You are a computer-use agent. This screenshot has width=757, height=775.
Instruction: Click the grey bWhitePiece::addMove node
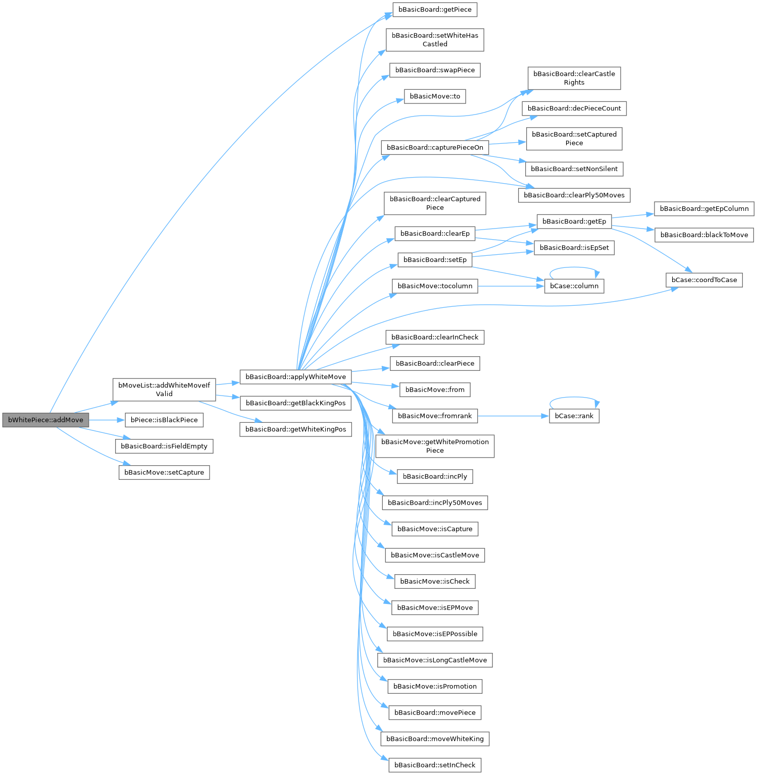(45, 420)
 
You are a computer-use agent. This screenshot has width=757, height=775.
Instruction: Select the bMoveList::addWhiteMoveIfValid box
(164, 390)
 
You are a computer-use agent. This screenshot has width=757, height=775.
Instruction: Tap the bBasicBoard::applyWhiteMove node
(295, 377)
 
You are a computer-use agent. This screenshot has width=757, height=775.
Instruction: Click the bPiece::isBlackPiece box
(164, 420)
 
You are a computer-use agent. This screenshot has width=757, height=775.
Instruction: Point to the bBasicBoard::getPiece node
(435, 10)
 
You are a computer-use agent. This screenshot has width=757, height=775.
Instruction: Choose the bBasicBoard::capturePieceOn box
(435, 147)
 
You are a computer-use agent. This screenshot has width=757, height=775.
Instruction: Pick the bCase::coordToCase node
(704, 280)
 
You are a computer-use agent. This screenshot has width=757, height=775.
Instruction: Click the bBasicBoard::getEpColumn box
(704, 209)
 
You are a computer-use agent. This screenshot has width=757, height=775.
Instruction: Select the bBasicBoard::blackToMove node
(704, 235)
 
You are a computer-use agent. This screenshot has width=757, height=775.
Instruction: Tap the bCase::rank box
(574, 416)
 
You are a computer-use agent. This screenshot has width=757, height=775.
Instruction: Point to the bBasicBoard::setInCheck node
(435, 765)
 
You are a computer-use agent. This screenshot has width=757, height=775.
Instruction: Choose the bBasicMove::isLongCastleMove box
(435, 660)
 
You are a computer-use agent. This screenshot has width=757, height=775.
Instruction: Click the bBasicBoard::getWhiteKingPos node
(295, 429)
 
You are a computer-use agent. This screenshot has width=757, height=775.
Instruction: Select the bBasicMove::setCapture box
(164, 472)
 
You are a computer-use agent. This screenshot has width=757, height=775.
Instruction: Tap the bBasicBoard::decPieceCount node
(574, 108)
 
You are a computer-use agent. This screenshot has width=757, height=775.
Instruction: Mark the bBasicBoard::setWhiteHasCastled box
(435, 40)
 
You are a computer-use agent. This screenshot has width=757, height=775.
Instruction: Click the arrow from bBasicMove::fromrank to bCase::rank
(513, 416)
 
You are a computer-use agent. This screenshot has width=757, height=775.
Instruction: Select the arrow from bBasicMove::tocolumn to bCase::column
(511, 286)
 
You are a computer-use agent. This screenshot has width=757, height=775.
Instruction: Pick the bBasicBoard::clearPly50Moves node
(574, 195)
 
